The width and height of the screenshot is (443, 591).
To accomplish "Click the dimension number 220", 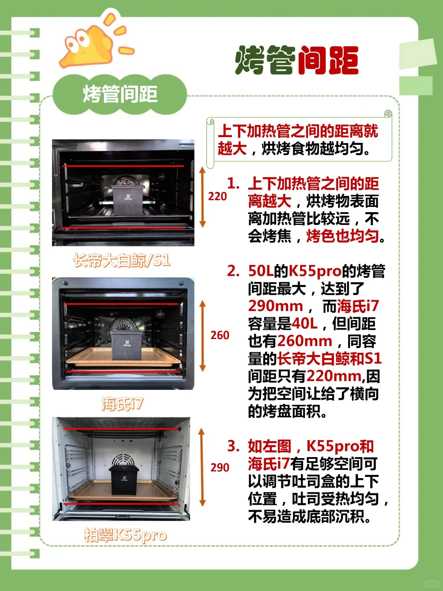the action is coord(217,197).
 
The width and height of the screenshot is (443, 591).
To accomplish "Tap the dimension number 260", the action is coord(220,335).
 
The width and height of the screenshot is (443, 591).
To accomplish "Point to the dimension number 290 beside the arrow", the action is coord(220,467).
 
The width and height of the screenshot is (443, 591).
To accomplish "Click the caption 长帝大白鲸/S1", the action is coord(122,261).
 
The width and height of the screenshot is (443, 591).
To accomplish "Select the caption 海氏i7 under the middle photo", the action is coord(122,404).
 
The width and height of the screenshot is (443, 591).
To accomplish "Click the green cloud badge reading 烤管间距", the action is coord(120,94).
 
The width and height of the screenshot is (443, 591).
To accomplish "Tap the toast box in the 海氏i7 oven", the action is coord(126,345).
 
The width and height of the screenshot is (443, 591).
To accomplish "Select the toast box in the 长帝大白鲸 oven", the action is coord(127,200).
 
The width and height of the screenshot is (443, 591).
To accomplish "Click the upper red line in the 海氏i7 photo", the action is coord(121,304).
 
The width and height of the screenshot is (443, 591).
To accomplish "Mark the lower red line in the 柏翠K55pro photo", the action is coord(121,504).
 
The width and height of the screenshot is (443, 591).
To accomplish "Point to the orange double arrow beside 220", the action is coord(203,197).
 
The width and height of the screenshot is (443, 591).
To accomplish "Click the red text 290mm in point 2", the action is coord(275,306).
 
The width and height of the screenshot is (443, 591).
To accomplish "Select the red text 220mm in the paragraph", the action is coord(334,376).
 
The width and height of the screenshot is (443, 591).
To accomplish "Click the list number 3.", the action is coord(233,446).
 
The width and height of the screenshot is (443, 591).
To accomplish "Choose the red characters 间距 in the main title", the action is coord(329,60).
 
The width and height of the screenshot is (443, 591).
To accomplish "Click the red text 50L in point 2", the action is coord(260,271).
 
